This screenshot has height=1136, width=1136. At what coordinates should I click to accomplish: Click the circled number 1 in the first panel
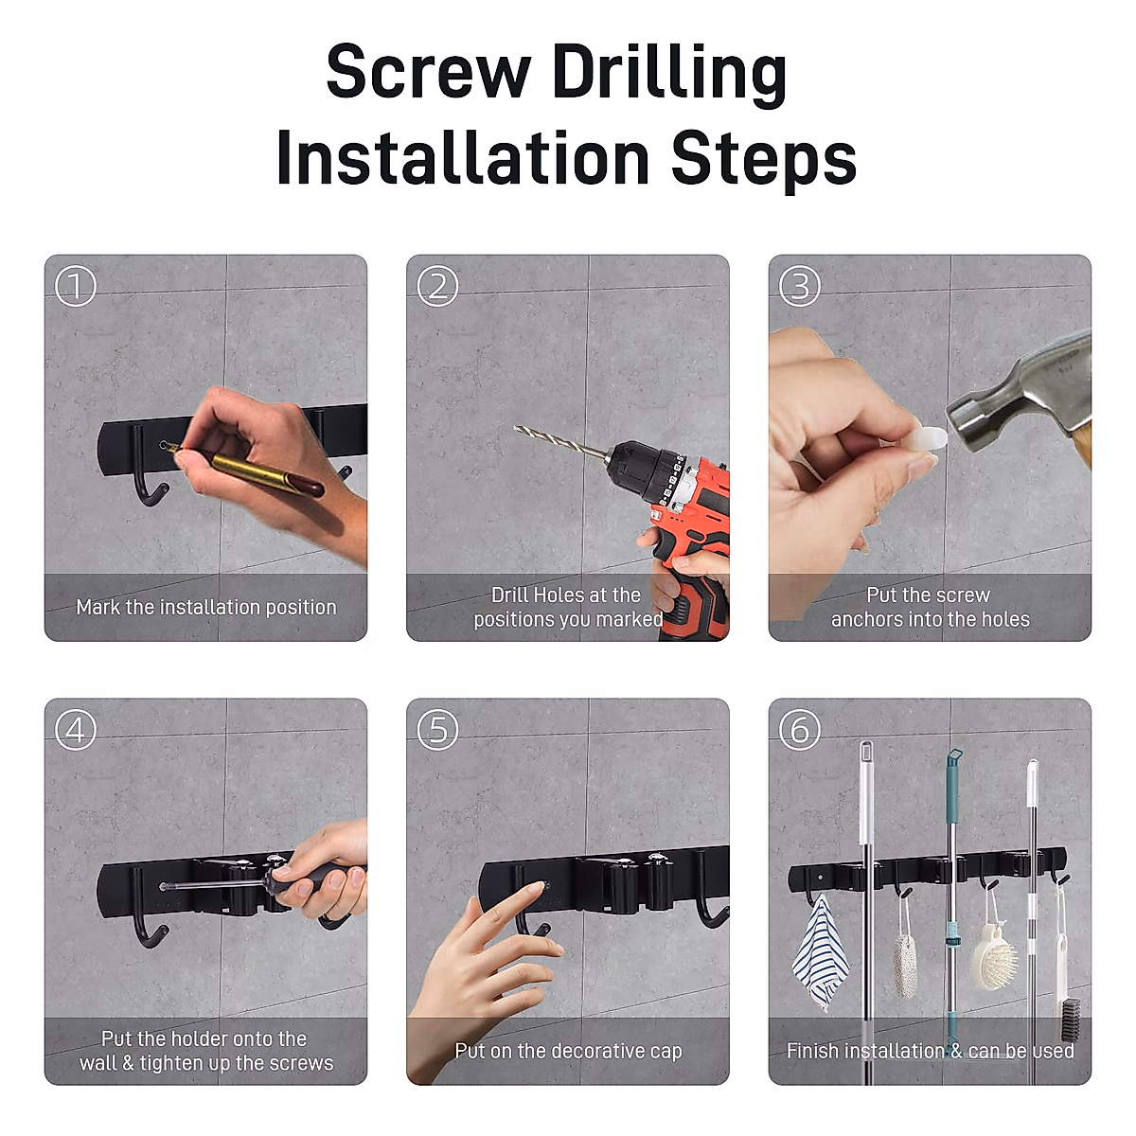tap(76, 286)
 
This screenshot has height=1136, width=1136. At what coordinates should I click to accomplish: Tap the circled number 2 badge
tap(437, 286)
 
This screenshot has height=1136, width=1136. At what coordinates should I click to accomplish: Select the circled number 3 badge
tap(799, 286)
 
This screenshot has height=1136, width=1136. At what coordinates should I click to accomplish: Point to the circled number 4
tap(76, 730)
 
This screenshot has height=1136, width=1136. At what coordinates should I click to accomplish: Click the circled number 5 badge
tap(437, 730)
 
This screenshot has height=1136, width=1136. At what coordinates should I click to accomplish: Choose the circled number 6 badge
tap(799, 730)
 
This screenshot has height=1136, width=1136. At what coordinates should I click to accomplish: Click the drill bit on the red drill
tap(561, 441)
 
